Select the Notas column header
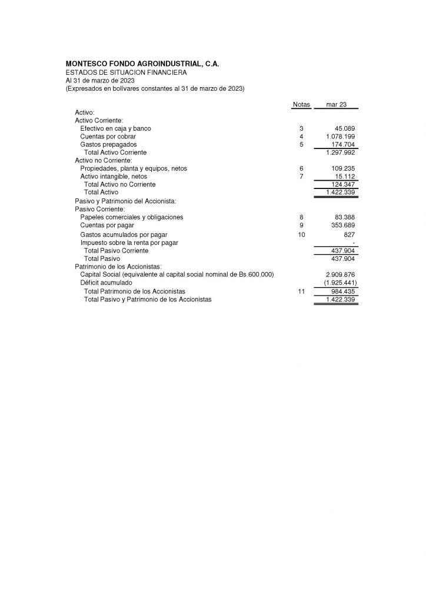coord(301,104)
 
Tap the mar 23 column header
coord(336,104)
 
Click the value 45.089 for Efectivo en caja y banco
coord(345,128)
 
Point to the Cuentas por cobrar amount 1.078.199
coord(340,136)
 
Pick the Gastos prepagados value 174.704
coord(343,144)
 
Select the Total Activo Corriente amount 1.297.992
coord(340,153)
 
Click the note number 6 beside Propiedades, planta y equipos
coord(301,168)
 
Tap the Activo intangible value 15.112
coord(345,176)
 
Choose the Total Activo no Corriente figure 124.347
coord(343,184)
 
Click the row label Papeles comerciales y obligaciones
coord(131,217)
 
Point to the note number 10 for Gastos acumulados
coord(302,234)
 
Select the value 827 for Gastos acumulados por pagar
coord(350,234)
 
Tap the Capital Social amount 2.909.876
coord(340,274)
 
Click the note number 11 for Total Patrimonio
coord(301,291)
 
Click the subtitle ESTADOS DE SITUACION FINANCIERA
coord(126,72)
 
